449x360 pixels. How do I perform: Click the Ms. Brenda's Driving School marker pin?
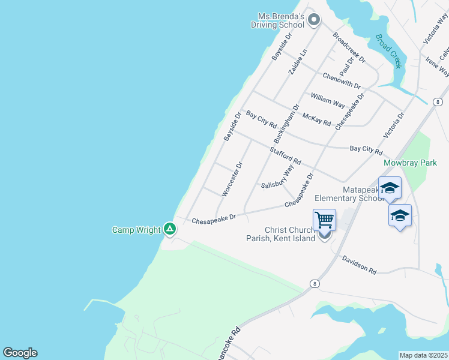(313, 21)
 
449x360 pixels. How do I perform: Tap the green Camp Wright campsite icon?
(170, 229)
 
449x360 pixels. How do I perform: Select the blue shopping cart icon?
(324, 220)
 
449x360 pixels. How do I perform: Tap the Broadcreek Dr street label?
(349, 48)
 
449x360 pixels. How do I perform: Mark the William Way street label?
(327, 100)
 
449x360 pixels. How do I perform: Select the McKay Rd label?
(316, 119)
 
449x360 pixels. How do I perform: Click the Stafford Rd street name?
(285, 157)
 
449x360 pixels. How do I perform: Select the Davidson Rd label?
(359, 266)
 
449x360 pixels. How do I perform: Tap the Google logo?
(20, 353)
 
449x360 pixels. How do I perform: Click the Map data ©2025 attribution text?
(423, 355)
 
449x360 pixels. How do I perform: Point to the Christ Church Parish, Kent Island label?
(290, 234)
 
